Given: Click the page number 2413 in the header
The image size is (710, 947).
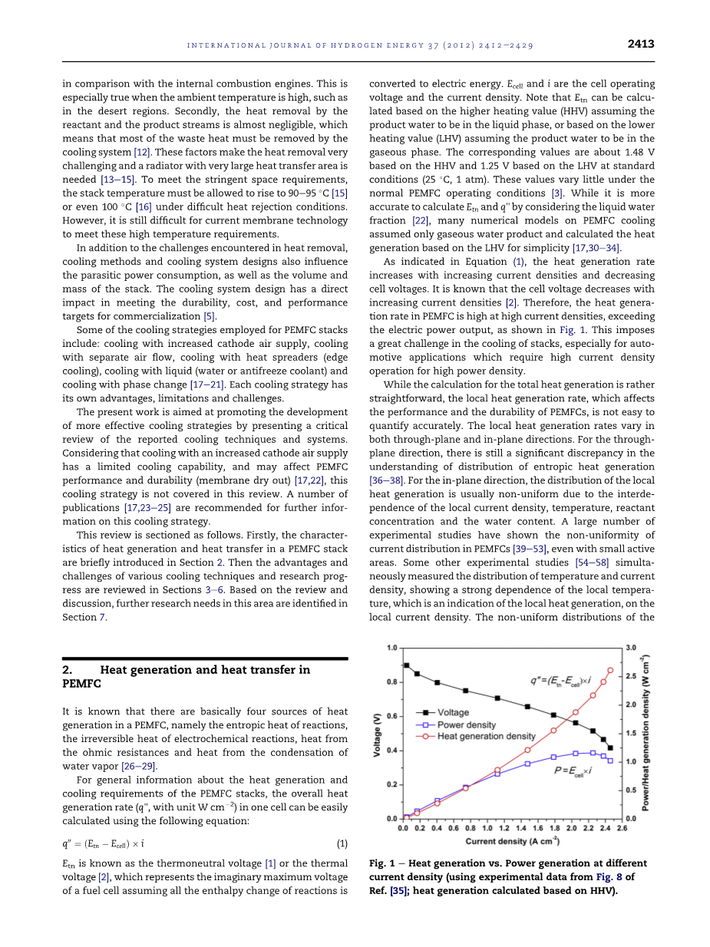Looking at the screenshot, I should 640,44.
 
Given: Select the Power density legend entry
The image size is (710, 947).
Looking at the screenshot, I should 466,724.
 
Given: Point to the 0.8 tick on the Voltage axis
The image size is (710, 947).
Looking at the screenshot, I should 391,681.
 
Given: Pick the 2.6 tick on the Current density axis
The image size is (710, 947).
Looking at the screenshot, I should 622,829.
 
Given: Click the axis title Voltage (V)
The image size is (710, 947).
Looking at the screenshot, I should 378,733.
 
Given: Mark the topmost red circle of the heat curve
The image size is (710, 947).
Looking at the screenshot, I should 610,670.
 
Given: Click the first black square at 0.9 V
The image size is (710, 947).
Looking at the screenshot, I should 406,665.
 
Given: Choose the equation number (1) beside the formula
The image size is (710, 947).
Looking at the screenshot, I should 342,843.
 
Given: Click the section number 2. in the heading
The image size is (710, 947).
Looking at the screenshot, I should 68,670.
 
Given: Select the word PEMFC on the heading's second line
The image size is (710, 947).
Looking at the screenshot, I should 81,684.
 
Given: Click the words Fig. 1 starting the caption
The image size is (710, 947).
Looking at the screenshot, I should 381,863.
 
